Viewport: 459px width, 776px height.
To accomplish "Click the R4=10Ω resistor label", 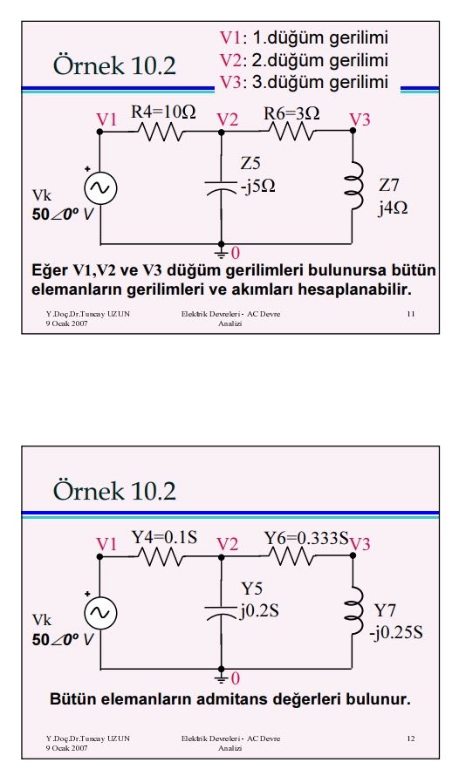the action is tap(163, 112).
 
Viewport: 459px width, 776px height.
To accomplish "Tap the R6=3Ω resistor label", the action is tap(291, 113).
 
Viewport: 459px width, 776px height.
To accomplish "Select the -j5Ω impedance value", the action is tap(258, 187).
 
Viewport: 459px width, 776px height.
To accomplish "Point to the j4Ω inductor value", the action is tap(394, 208).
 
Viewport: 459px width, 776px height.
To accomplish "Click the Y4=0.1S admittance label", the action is tap(164, 537).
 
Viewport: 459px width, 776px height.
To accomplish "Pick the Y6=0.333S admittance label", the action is tap(306, 538).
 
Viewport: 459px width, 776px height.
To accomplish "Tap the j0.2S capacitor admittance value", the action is tap(259, 611).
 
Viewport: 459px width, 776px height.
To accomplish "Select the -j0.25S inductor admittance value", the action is tap(396, 632).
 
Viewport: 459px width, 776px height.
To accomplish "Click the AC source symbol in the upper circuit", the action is tap(100, 188).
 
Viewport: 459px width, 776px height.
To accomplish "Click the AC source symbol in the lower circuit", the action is tap(100, 613).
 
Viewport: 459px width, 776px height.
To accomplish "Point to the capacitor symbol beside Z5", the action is tap(221, 187).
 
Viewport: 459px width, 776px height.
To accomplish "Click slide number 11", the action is tap(410, 314).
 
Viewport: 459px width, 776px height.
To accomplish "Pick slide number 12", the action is tap(410, 739).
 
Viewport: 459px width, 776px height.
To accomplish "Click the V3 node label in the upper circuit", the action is tap(360, 119).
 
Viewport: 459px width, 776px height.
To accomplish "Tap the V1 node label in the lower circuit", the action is tap(106, 544).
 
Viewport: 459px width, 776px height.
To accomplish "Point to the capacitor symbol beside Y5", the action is tap(221, 612).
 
